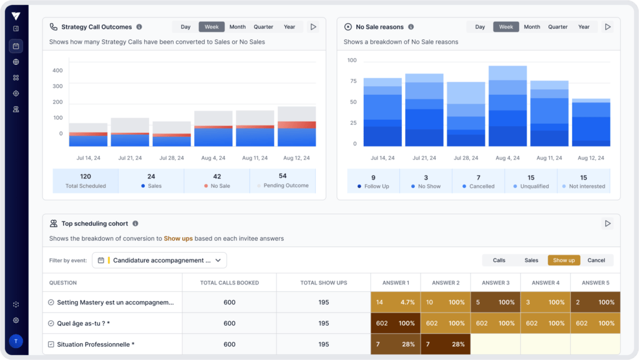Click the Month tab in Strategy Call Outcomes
click(x=237, y=27)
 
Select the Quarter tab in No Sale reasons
click(x=557, y=27)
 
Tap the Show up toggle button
click(x=563, y=260)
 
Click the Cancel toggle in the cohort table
click(x=596, y=260)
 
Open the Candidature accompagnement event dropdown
click(x=159, y=260)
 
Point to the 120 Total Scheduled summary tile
click(x=85, y=181)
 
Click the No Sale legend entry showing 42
click(x=217, y=181)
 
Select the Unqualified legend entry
click(x=530, y=181)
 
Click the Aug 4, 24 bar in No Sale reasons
click(x=507, y=106)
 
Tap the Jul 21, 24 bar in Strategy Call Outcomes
click(x=130, y=132)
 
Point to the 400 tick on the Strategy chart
click(x=57, y=71)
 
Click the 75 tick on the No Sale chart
click(x=353, y=81)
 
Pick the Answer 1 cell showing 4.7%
click(x=395, y=302)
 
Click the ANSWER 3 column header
click(x=495, y=283)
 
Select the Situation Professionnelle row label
click(x=95, y=344)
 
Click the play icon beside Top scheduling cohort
click(x=608, y=223)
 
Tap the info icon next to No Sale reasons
click(x=411, y=27)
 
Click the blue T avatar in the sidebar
click(x=16, y=341)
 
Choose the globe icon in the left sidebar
click(x=16, y=62)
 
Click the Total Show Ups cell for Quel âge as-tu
click(x=324, y=323)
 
